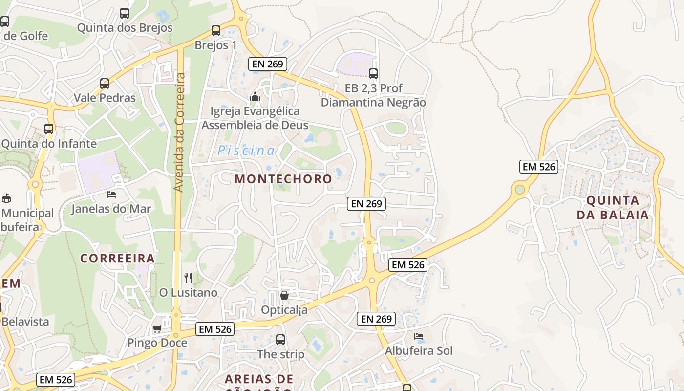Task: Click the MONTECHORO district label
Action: tap(283, 179)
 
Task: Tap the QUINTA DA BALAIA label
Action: tap(613, 208)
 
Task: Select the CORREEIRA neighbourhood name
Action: tap(117, 258)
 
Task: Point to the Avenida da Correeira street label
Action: tap(179, 132)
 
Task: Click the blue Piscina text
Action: tap(246, 151)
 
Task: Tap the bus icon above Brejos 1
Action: tap(216, 31)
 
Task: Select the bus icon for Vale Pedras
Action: tap(105, 84)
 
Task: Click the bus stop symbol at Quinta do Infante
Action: tap(49, 129)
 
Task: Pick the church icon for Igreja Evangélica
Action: tap(255, 97)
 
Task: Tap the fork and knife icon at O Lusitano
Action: tap(188, 278)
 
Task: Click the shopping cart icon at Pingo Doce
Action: tap(157, 328)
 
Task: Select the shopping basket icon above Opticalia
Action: tap(284, 295)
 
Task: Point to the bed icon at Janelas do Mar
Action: tap(111, 195)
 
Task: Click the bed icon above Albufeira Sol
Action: tap(419, 336)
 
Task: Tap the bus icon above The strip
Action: tap(280, 339)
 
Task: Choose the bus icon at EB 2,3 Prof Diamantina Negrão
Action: tap(373, 74)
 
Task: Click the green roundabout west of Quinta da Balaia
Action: tap(520, 189)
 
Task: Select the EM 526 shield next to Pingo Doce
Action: tap(215, 329)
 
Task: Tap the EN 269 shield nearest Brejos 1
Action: tap(267, 64)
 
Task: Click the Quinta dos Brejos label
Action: tap(125, 28)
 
